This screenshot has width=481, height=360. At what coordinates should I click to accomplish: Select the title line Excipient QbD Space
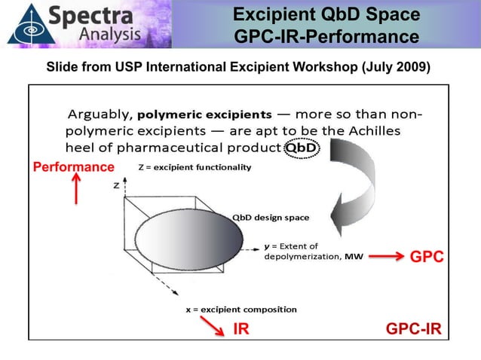point(326,15)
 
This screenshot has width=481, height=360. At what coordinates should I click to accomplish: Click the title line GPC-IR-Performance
point(326,36)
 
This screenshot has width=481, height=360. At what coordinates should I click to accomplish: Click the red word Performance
point(73,166)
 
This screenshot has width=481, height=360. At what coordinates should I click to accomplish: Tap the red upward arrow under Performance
point(75,189)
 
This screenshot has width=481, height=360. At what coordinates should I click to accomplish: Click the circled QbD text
point(300,147)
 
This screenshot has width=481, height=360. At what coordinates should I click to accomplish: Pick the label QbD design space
point(271,218)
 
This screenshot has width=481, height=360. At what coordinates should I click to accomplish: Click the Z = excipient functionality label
point(191,167)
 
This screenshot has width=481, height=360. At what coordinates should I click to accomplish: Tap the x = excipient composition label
point(241,309)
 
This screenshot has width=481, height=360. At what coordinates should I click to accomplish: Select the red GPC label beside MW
point(426,257)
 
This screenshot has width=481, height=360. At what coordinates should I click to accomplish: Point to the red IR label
point(241,329)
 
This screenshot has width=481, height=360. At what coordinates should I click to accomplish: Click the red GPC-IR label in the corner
point(413,329)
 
